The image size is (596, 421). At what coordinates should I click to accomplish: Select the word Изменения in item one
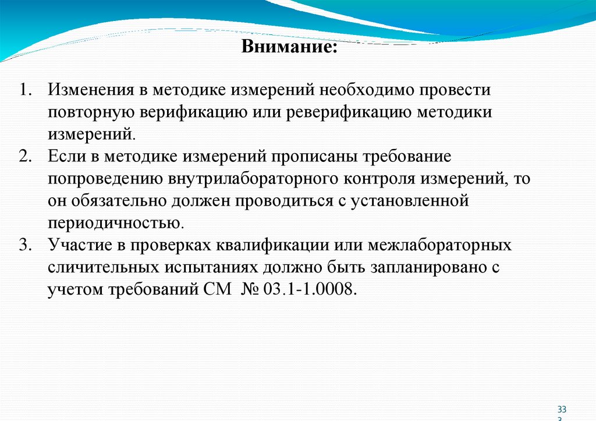click(88, 91)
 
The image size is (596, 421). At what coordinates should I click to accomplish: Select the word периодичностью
click(116, 223)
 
